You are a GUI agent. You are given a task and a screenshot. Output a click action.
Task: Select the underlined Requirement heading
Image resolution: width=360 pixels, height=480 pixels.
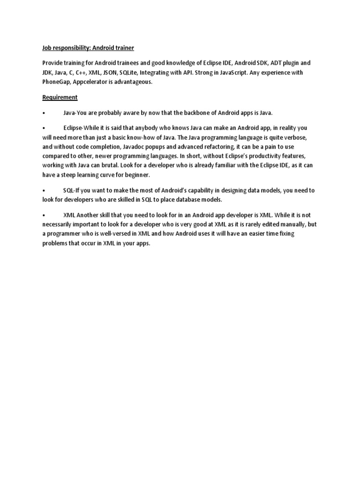60,97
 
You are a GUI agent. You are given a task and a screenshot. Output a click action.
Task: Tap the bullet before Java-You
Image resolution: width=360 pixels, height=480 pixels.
43,113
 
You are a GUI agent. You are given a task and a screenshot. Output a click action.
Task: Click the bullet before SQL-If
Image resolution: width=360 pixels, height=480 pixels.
43,191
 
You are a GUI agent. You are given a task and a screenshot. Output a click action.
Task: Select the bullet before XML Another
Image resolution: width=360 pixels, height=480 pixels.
43,215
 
